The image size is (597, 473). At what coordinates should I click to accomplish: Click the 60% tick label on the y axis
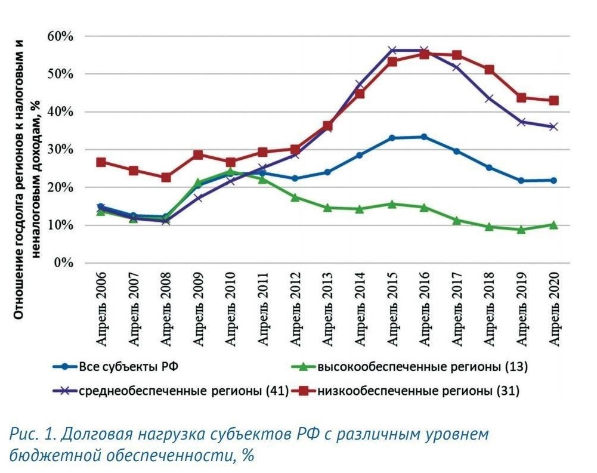pos(60,36)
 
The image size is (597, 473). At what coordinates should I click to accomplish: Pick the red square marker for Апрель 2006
pos(101,162)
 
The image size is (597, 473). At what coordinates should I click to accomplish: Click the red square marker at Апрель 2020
pos(553,101)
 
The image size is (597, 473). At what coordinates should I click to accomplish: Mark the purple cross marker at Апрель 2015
pos(392,51)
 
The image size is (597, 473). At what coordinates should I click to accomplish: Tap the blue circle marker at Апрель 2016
pos(424,137)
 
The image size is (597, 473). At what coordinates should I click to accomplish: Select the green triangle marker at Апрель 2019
pos(521,229)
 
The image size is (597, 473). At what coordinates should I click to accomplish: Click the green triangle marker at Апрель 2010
pos(230,172)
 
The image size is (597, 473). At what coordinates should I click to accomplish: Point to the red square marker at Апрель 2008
pos(166,178)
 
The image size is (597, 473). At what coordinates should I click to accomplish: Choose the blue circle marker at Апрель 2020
pos(553,180)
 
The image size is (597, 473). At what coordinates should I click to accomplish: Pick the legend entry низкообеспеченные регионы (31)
pos(418,391)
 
